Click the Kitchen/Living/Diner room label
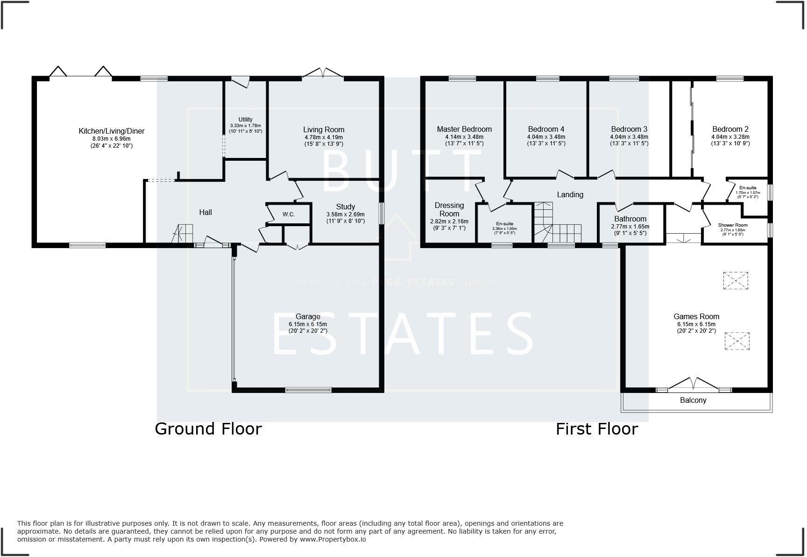[111, 131]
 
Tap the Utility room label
[245, 120]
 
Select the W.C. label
[288, 214]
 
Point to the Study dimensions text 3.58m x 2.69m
[345, 214]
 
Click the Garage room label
[308, 316]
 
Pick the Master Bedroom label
[464, 129]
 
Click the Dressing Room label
[449, 209]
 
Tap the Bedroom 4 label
[546, 129]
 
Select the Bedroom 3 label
[629, 129]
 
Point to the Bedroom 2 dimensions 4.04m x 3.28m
[730, 137]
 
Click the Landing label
[570, 195]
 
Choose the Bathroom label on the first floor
[630, 219]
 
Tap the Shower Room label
[733, 225]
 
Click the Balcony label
[693, 400]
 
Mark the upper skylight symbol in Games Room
[736, 280]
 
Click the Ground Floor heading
[208, 428]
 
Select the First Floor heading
[596, 428]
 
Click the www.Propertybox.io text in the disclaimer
[333, 539]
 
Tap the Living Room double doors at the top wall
[322, 73]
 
